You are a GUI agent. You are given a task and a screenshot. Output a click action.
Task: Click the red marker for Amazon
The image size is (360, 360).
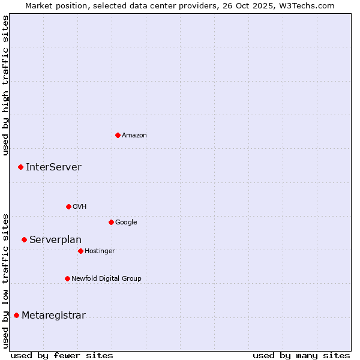tap(118, 135)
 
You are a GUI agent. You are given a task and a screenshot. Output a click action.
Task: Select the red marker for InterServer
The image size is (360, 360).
tap(20, 167)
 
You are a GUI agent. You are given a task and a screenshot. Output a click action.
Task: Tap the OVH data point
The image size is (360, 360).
tap(68, 206)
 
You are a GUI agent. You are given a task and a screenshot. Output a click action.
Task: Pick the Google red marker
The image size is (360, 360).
tap(111, 222)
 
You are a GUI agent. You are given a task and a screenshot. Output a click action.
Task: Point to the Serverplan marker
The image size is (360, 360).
tap(24, 239)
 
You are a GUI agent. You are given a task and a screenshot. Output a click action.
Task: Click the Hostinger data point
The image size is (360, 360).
tap(80, 251)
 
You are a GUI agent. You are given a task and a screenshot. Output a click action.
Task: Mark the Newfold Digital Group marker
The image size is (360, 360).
tap(67, 278)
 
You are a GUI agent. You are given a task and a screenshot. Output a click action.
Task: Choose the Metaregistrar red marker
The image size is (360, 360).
tap(16, 315)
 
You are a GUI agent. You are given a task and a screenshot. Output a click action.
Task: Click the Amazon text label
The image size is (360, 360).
tap(134, 136)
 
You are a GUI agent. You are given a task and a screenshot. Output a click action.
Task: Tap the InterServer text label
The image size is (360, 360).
tap(53, 167)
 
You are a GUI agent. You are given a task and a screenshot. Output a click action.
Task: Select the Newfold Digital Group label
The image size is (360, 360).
tap(106, 278)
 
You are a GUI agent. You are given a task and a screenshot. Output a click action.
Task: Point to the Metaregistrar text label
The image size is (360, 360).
tap(53, 316)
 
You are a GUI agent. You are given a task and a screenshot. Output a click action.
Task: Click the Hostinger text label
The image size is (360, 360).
tap(100, 251)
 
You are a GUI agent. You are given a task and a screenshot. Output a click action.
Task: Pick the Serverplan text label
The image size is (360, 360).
tap(55, 240)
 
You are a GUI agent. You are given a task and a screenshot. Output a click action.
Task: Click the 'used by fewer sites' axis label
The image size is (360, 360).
tap(62, 355)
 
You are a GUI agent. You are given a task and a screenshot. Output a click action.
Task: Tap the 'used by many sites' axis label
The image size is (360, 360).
tap(301, 355)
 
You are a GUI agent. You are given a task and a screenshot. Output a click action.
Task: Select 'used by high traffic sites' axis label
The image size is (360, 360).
tap(5, 85)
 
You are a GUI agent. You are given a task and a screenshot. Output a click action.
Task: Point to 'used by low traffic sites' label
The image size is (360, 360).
tap(5, 281)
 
